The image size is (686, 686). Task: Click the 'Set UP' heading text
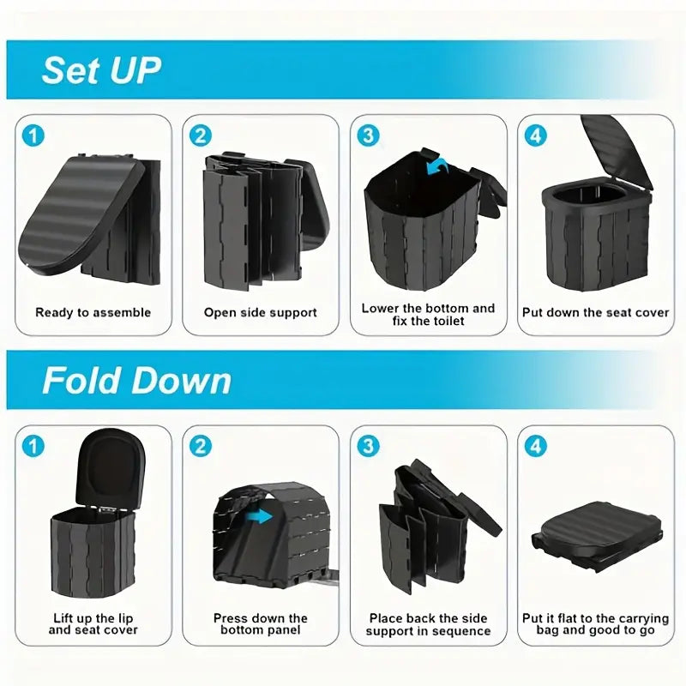tap(101, 70)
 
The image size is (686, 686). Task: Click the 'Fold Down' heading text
tap(137, 380)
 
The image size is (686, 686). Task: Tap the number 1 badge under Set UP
tap(33, 135)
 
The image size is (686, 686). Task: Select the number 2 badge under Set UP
tap(201, 135)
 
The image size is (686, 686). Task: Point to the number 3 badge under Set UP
tap(368, 135)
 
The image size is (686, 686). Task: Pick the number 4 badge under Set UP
tap(535, 135)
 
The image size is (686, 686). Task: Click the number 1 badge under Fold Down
tap(33, 446)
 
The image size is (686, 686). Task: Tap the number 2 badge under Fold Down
tap(201, 446)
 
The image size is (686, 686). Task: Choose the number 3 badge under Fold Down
tap(368, 446)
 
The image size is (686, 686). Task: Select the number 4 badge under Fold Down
tap(535, 446)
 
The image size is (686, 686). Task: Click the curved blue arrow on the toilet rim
tap(437, 166)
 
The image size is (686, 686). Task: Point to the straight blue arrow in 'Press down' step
tap(262, 516)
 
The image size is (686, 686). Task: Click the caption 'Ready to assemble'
tap(93, 313)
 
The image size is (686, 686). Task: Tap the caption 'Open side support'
tap(261, 313)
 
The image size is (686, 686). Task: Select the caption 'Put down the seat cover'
tap(595, 313)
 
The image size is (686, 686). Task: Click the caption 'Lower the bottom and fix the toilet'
tap(428, 315)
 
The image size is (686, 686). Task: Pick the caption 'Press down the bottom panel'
tap(261, 624)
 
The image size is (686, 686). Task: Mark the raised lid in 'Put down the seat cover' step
tap(617, 151)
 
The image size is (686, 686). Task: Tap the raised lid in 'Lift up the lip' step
tap(111, 468)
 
